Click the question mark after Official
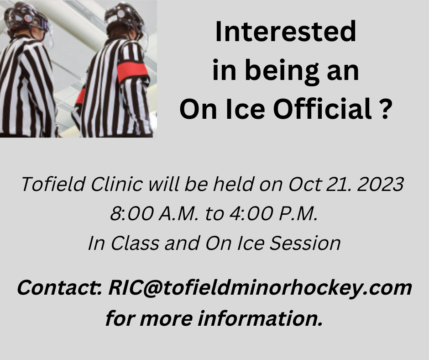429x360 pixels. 385,109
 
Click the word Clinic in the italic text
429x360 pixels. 117,184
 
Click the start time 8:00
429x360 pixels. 131,214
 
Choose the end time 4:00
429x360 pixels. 251,214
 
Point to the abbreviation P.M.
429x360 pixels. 298,214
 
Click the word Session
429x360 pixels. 305,243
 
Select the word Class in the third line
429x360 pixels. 135,243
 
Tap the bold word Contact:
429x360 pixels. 60,288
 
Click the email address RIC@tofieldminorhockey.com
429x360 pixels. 260,288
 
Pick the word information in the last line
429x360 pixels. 260,318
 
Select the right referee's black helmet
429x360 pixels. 124,18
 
